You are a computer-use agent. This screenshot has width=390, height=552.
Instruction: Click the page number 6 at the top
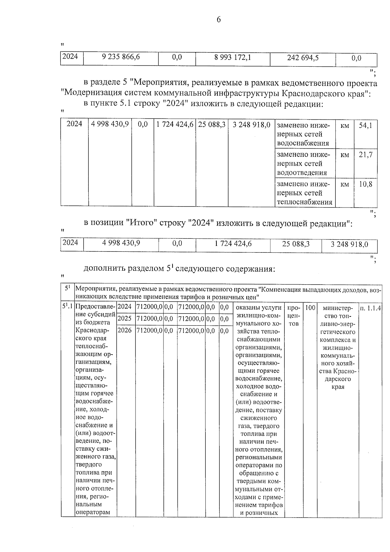point(218,20)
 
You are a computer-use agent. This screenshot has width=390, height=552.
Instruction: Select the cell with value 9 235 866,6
point(121,58)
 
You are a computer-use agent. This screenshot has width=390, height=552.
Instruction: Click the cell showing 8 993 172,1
point(232,58)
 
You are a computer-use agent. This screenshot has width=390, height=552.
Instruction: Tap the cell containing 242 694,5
point(303,58)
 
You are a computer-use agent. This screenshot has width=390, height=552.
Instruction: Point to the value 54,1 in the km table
point(365,125)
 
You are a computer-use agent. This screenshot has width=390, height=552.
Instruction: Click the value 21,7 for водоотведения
point(365,155)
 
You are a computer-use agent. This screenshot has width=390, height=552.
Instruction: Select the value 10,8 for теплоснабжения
point(365,184)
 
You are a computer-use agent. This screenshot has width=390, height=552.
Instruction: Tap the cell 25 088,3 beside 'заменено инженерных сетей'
point(212,125)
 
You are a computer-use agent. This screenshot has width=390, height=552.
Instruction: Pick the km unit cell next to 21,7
point(344,155)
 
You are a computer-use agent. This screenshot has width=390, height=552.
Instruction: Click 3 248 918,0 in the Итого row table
point(349,244)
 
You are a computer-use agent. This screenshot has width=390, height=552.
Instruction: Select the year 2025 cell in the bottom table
point(124,318)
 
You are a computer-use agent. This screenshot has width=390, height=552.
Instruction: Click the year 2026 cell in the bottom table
point(124,330)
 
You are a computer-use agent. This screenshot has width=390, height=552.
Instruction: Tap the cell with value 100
point(310,307)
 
